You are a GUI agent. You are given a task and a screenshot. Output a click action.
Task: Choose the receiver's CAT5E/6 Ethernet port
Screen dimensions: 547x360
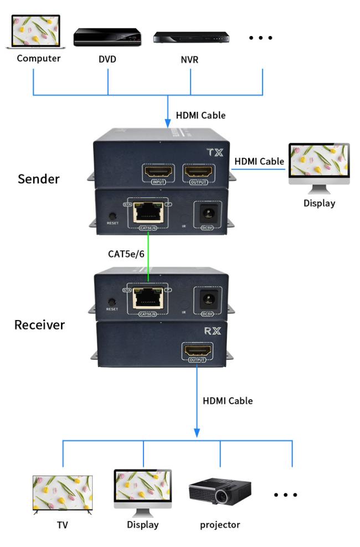(x=148, y=298)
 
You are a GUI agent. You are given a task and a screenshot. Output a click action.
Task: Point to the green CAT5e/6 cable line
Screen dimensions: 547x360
(x=148, y=255)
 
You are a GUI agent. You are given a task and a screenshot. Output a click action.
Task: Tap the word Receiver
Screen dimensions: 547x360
(x=39, y=324)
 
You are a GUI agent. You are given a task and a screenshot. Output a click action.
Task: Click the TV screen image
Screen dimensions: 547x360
(x=62, y=493)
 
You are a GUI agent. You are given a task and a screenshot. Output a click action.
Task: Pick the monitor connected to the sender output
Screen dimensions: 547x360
(x=319, y=166)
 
